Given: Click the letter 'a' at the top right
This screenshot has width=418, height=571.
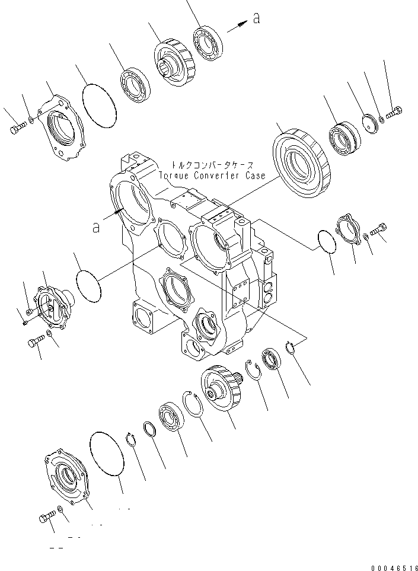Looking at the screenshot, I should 256,18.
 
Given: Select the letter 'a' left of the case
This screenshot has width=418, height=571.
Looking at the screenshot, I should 97,227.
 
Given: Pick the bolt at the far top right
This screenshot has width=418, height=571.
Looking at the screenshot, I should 395,111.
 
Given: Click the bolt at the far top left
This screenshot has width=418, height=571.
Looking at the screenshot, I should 17,127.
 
